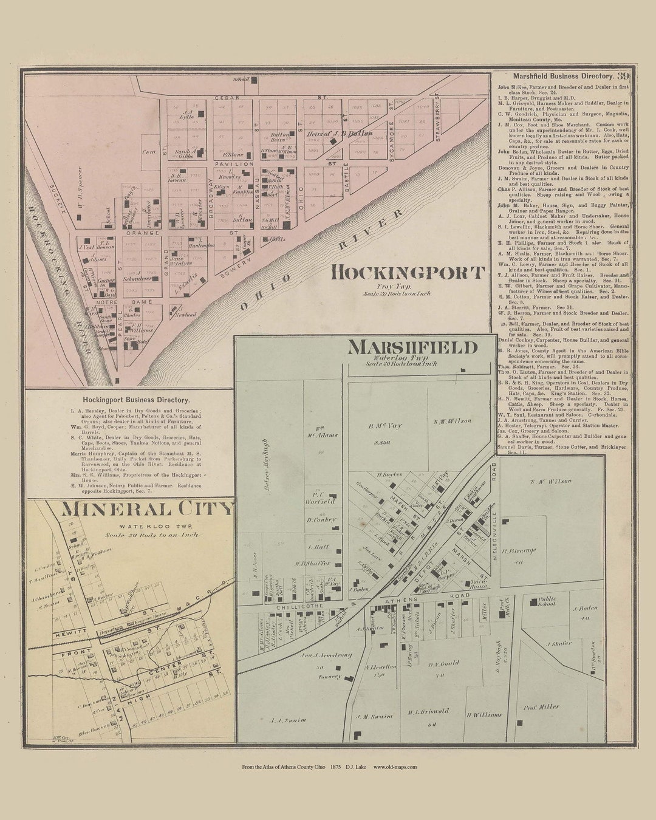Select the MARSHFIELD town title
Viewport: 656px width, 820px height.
(412, 347)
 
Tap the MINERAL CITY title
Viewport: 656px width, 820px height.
(146, 508)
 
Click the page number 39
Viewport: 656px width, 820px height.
(623, 77)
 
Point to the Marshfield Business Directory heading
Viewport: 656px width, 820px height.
(562, 77)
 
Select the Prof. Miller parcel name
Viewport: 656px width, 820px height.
(542, 706)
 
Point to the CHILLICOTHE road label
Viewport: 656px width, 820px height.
(285, 606)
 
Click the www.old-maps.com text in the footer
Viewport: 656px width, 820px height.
(395, 767)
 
